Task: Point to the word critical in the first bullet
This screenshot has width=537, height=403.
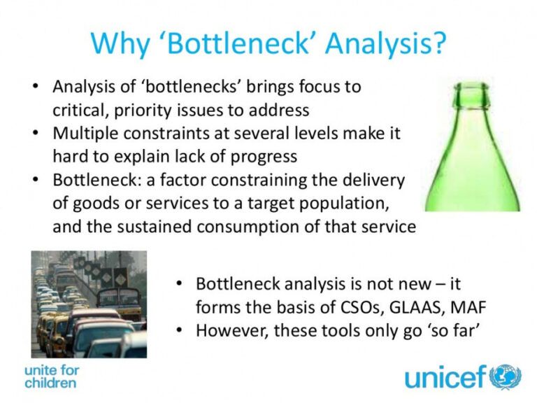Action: (x=77, y=111)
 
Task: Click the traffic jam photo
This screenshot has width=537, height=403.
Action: (x=88, y=304)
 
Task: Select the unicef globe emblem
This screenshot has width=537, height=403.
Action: (x=506, y=376)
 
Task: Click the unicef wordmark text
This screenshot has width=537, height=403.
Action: (x=445, y=377)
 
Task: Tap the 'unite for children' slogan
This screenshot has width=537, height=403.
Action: (x=50, y=376)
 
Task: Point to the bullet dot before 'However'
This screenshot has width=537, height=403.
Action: (x=180, y=330)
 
